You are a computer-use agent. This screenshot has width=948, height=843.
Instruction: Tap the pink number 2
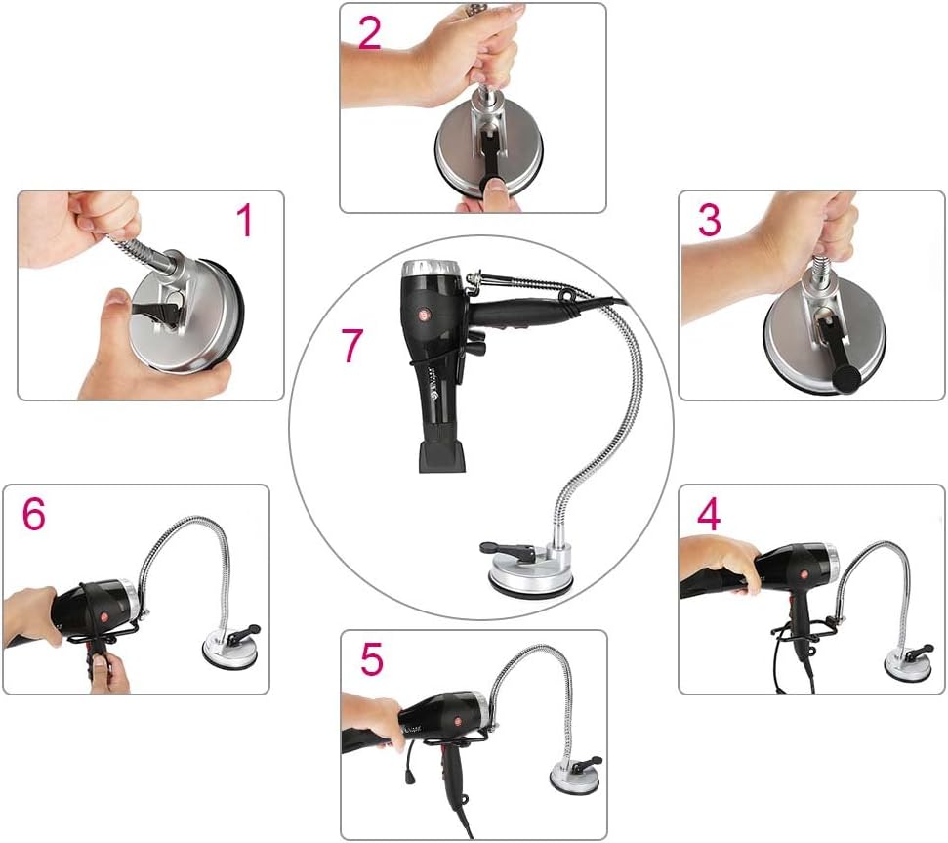pos(370,32)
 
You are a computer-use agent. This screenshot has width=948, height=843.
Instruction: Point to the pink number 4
pos(709,515)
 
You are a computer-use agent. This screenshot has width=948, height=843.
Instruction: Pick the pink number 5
pos(372,658)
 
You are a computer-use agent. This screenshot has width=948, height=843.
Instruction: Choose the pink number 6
pos(34,514)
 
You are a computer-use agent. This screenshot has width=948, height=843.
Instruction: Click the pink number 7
pos(352,345)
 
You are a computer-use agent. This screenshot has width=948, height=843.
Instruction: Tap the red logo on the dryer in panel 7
pos(423,315)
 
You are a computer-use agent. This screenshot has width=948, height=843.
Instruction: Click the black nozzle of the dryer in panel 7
pos(442,456)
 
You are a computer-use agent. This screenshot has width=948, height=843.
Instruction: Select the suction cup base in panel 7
pos(530,572)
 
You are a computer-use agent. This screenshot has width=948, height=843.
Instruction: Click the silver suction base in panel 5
pos(574,775)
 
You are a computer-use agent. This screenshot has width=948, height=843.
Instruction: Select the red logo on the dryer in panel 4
pos(804,574)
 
